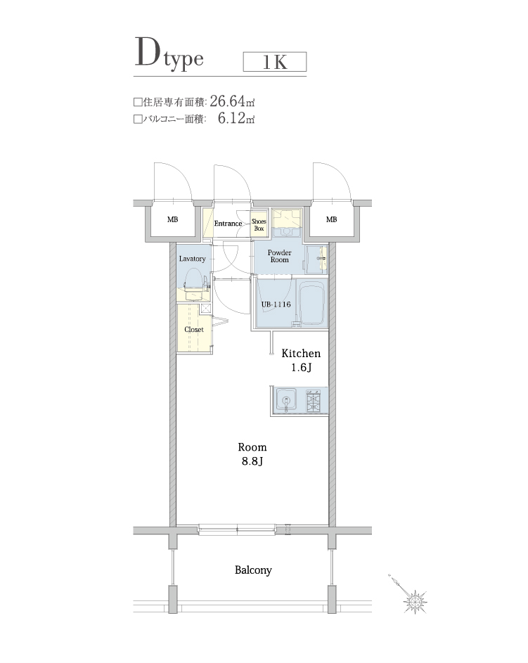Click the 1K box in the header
click(x=274, y=62)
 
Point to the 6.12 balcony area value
click(x=231, y=119)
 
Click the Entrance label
click(x=228, y=224)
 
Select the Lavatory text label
click(x=192, y=259)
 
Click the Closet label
click(x=193, y=329)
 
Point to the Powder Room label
click(x=279, y=255)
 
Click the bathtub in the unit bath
click(x=311, y=304)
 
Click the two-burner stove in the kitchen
click(x=314, y=401)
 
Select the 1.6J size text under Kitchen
click(x=301, y=368)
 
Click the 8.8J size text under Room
click(x=252, y=461)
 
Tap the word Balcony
click(x=253, y=570)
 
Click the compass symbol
click(x=414, y=600)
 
